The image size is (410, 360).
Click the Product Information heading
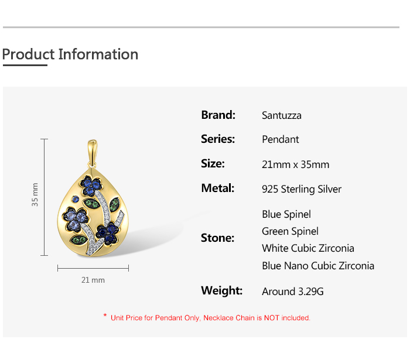point(70,54)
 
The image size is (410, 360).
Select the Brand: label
point(218,115)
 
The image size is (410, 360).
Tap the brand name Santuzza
point(282,115)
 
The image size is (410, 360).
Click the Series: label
point(218,139)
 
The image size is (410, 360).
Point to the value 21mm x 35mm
point(295,164)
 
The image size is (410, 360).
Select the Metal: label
point(217,188)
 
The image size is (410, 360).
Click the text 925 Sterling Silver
point(302,189)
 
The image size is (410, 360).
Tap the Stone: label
point(217,238)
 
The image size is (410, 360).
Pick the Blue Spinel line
point(286,214)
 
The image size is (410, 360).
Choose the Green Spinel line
point(291,231)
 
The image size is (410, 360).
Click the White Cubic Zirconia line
point(308,248)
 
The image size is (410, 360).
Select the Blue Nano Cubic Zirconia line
point(318,266)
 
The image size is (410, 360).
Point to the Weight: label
point(222,290)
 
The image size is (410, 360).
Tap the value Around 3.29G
point(293,292)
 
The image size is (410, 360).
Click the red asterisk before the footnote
point(105,316)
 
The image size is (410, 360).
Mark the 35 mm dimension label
point(35,194)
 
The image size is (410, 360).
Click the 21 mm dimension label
point(93,280)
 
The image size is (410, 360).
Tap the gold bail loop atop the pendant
point(93,153)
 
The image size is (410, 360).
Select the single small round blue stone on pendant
point(76,199)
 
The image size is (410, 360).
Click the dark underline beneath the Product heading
point(25,65)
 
